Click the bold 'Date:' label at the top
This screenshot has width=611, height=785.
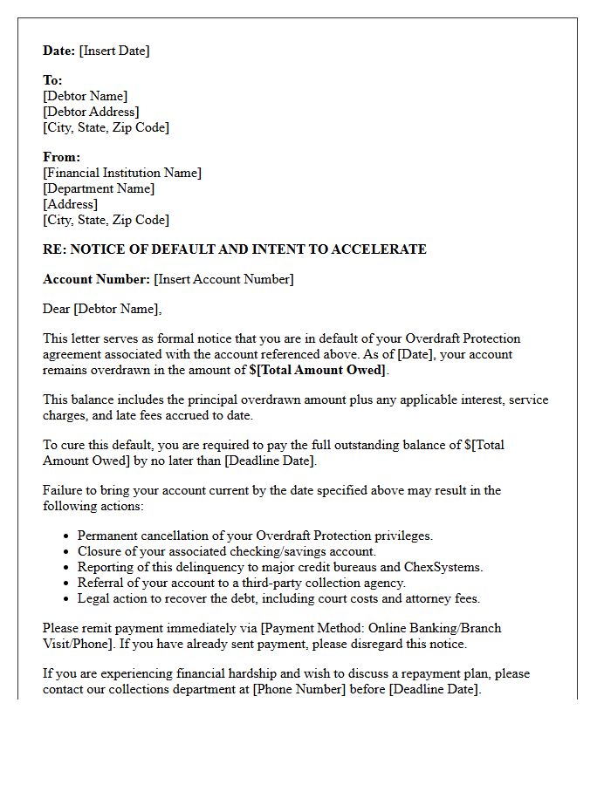tap(59, 51)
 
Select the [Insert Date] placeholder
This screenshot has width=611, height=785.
tap(114, 51)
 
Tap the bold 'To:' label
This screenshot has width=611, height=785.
tap(52, 80)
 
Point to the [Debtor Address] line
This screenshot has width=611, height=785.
tap(91, 112)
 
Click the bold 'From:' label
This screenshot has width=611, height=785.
tap(61, 157)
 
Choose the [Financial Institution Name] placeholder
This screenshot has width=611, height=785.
tap(122, 173)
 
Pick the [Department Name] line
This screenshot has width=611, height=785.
tap(99, 188)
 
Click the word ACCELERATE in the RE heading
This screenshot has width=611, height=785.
tap(384, 249)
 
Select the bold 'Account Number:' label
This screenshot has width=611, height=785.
tap(96, 279)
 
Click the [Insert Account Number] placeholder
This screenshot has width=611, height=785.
tap(223, 279)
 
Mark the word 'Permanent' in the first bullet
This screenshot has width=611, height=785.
tap(106, 536)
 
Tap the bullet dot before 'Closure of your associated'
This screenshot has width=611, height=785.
tap(68, 551)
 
